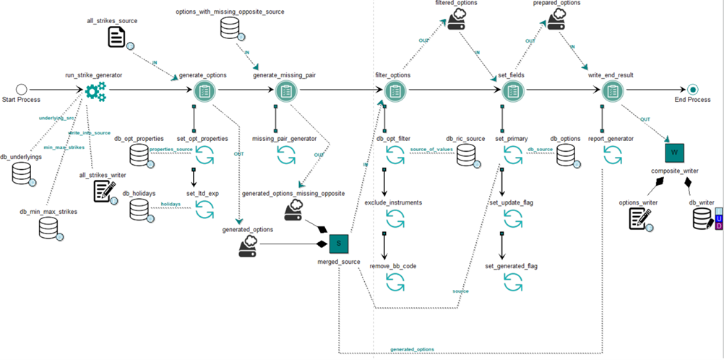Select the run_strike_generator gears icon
(x=95, y=90)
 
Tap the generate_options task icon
(x=204, y=90)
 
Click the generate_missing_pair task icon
(x=287, y=90)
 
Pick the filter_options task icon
(x=395, y=90)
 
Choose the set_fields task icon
(x=512, y=90)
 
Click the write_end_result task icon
(x=612, y=90)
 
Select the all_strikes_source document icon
(x=117, y=38)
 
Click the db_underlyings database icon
(x=21, y=172)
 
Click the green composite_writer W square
(x=673, y=153)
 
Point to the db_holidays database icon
(x=139, y=210)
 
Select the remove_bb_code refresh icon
(x=395, y=283)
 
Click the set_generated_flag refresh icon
(x=512, y=283)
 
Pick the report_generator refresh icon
(x=612, y=154)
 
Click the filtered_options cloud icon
(x=456, y=22)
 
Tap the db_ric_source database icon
(x=466, y=154)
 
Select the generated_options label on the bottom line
(x=412, y=349)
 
